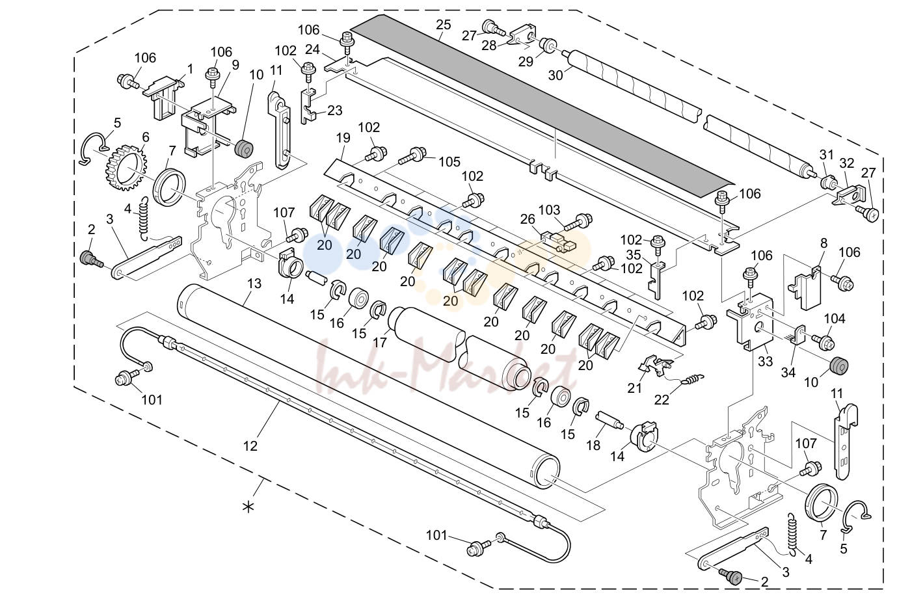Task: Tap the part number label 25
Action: (443, 25)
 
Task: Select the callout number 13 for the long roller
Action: (254, 284)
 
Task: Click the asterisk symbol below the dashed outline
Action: (248, 507)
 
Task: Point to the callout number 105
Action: (449, 162)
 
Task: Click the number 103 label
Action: (549, 210)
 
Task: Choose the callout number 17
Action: (380, 342)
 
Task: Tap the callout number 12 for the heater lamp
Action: (250, 446)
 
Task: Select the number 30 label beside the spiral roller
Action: (556, 75)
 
